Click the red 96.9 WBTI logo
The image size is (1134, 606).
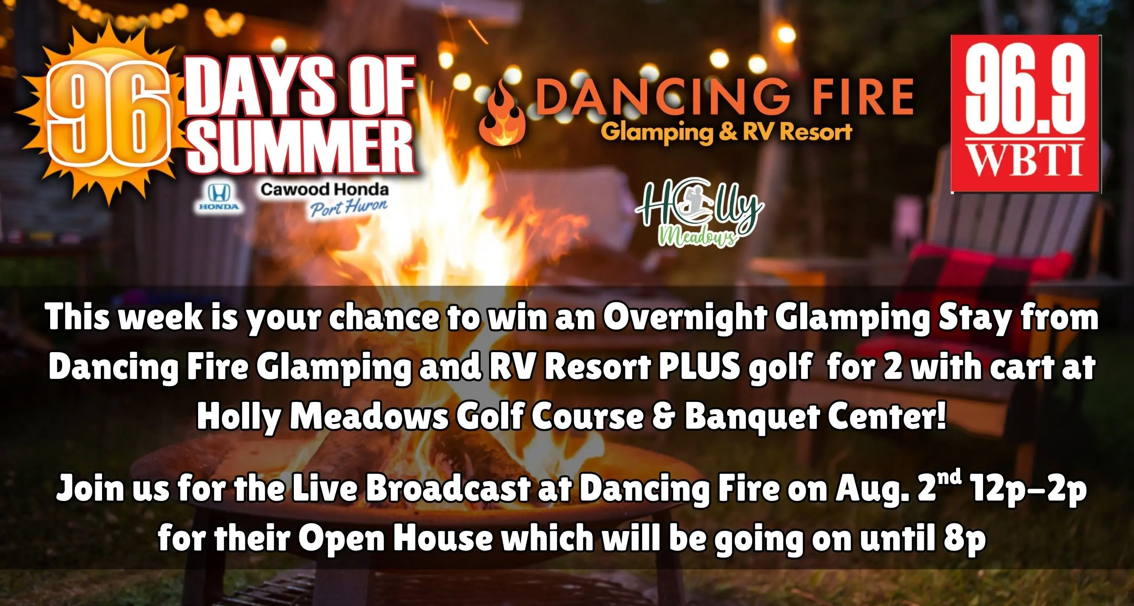pyautogui.click(x=1026, y=114)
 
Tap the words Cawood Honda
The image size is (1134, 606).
pyautogui.click(x=324, y=190)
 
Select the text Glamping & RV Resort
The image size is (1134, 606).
pyautogui.click(x=726, y=132)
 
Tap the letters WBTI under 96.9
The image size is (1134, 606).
pyautogui.click(x=1026, y=162)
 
